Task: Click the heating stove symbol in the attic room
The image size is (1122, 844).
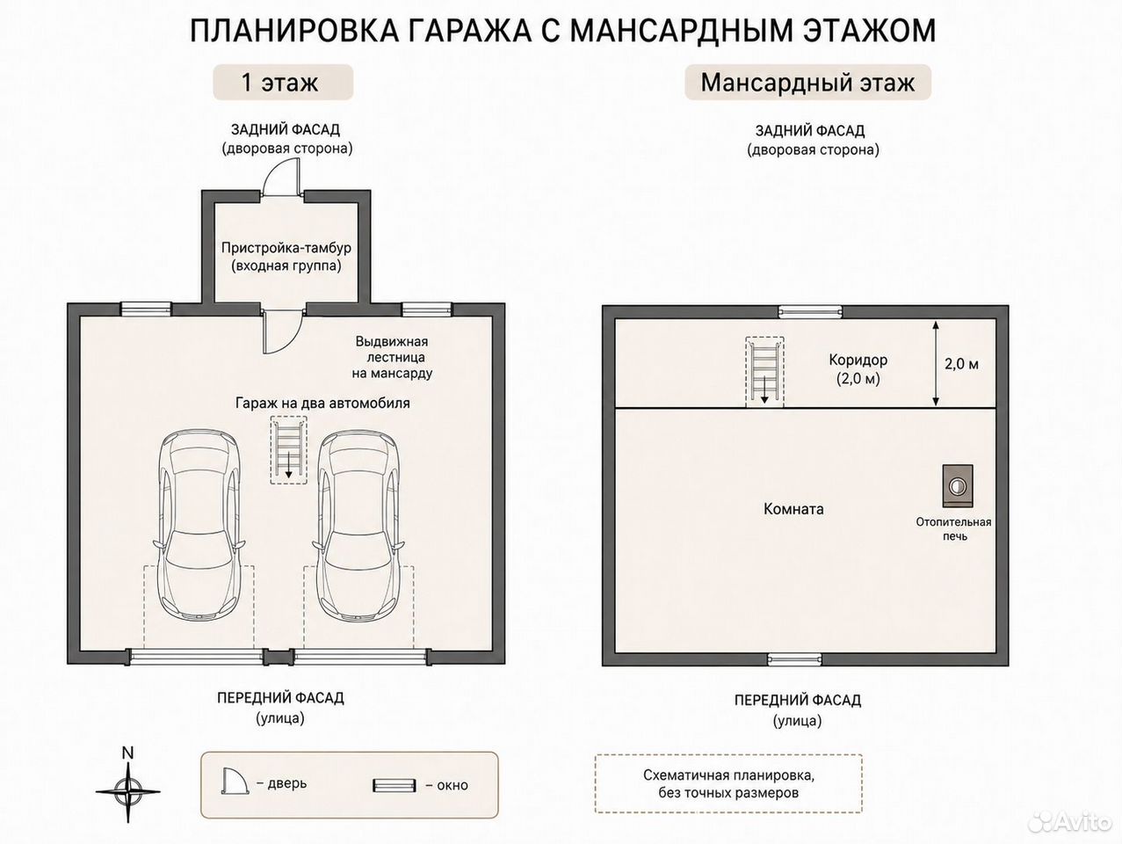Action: point(958,486)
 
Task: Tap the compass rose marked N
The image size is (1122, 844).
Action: point(127,791)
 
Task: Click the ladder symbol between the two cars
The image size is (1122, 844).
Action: point(289,449)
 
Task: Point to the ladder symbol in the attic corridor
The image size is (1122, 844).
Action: point(764,372)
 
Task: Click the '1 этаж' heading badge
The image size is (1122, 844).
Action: point(283,83)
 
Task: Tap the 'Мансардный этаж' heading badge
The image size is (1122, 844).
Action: point(807,83)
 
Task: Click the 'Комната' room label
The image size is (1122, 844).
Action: point(793,509)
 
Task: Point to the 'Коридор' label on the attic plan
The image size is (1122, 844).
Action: point(858,360)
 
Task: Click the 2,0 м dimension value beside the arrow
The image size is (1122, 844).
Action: point(961,364)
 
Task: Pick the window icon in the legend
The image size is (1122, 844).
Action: point(394,785)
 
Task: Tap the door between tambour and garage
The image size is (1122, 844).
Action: point(282,331)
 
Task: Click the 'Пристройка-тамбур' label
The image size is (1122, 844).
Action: point(286,248)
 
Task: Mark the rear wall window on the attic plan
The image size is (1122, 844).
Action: point(810,311)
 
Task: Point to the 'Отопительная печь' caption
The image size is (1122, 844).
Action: point(954,529)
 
